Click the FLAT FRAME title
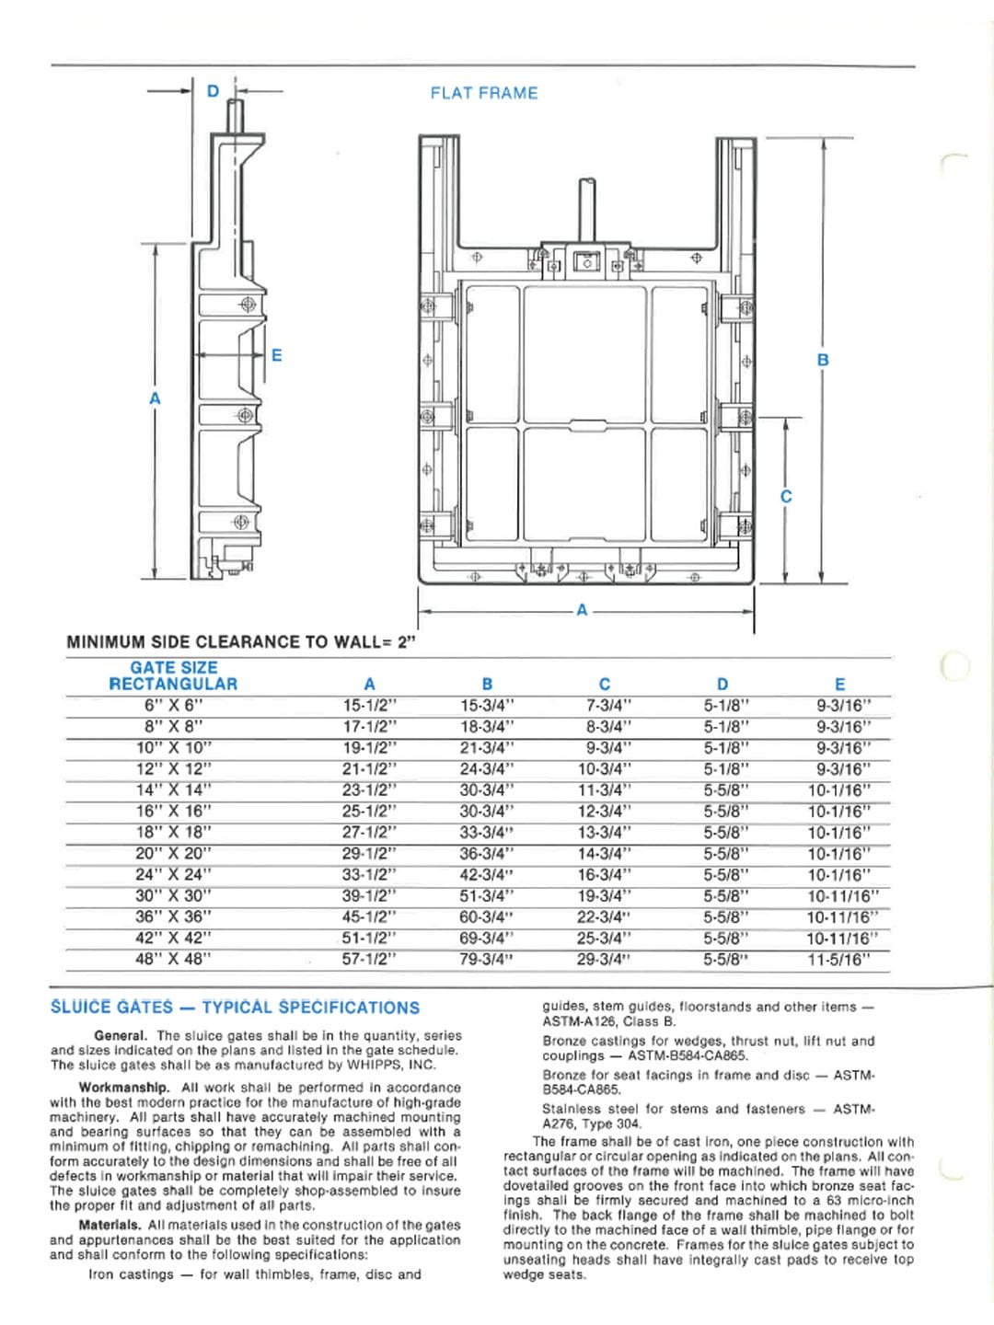pyautogui.click(x=484, y=93)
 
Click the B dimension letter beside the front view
pyautogui.click(x=823, y=360)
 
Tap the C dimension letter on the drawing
pyautogui.click(x=786, y=496)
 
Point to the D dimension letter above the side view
pyautogui.click(x=214, y=91)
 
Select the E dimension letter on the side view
pyautogui.click(x=276, y=355)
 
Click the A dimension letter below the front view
pyautogui.click(x=582, y=609)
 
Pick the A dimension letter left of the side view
pyautogui.click(x=155, y=398)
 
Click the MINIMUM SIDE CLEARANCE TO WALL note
pyautogui.click(x=241, y=641)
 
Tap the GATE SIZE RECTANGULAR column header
pyautogui.click(x=173, y=675)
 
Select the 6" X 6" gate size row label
pyautogui.click(x=173, y=706)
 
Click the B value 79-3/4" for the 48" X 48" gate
pyautogui.click(x=487, y=960)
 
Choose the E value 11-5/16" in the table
pyautogui.click(x=838, y=960)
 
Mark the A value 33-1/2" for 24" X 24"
pyautogui.click(x=369, y=875)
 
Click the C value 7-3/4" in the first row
pyautogui.click(x=604, y=706)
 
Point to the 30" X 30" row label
pyautogui.click(x=173, y=896)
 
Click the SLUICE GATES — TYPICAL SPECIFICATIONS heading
pyautogui.click(x=235, y=1008)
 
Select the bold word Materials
pyautogui.click(x=110, y=1225)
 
